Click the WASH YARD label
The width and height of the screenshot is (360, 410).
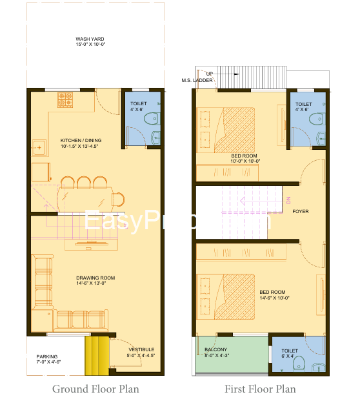click(90, 42)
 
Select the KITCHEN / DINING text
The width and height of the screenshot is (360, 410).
click(81, 143)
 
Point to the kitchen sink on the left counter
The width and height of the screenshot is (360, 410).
click(39, 147)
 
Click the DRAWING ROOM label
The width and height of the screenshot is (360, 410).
click(95, 281)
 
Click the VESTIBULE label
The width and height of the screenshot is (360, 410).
click(141, 353)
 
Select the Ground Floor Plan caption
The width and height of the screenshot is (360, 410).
click(95, 389)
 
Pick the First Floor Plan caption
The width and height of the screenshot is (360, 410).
click(260, 389)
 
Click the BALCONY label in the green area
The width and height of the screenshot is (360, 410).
click(216, 353)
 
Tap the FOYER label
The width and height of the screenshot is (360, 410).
click(300, 211)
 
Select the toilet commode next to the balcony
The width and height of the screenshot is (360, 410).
click(298, 365)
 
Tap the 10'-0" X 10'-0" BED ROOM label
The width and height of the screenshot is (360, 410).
click(245, 159)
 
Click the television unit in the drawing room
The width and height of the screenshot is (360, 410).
click(85, 243)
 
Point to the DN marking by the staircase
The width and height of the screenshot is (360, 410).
click(289, 201)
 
